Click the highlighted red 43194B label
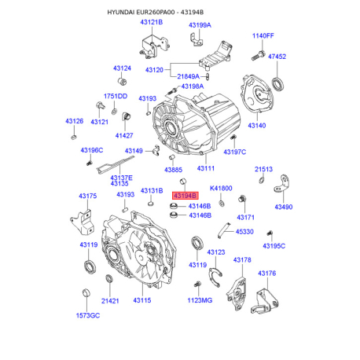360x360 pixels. tap(186, 194)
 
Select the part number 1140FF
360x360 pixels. tap(263, 35)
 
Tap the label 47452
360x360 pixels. tap(277, 57)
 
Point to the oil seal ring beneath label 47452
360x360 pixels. tap(277, 83)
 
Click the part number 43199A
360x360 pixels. tap(200, 25)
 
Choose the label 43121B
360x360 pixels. tap(151, 22)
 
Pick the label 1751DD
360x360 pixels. tap(116, 96)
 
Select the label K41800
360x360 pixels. tap(221, 189)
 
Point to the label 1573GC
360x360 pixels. tap(87, 315)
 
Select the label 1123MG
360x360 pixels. tap(200, 300)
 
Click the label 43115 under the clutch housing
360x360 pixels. tap(142, 300)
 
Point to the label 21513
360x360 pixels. tap(263, 169)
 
